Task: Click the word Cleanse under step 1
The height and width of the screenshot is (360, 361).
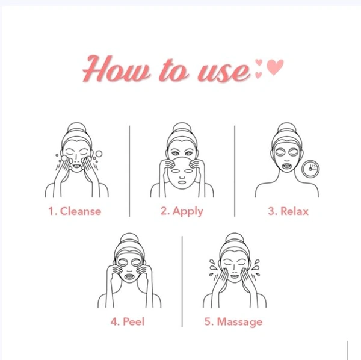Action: (81, 211)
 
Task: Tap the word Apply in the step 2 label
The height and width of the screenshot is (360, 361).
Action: (188, 211)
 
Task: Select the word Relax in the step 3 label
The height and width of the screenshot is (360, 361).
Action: (294, 211)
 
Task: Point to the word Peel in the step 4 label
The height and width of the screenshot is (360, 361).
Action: (134, 321)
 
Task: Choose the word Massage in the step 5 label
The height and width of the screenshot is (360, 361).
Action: (239, 322)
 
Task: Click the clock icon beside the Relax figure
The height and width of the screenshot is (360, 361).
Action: (310, 169)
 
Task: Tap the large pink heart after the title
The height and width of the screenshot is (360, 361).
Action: (275, 67)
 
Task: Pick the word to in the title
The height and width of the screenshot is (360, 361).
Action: (174, 70)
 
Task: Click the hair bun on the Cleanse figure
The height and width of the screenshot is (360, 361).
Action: (76, 128)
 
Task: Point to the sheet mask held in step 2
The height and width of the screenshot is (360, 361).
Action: (182, 173)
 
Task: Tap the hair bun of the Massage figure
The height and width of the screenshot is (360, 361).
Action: (235, 238)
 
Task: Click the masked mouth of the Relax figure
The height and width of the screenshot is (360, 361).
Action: (286, 166)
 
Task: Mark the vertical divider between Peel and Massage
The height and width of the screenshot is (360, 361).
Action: (182, 282)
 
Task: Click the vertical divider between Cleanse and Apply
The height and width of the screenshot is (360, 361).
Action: (129, 171)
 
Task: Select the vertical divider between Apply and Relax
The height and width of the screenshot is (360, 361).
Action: (235, 171)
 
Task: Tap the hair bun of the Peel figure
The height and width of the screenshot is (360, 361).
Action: (129, 238)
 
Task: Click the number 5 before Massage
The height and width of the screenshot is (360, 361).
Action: (208, 321)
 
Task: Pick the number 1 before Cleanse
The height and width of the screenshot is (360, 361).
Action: (51, 211)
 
